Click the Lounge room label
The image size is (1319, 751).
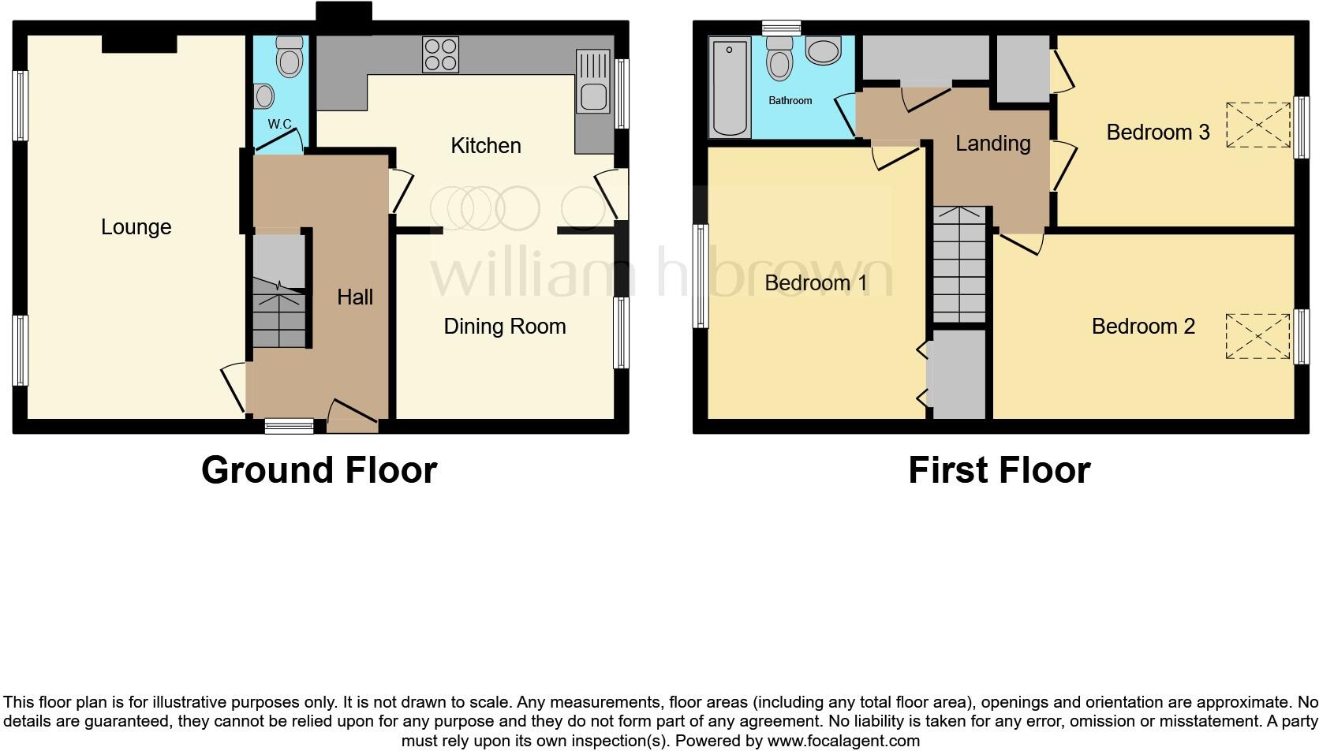136,227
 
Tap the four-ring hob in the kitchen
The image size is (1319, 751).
440,54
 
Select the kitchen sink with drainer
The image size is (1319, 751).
593,81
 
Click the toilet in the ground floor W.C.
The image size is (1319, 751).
289,57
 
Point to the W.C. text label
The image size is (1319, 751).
280,125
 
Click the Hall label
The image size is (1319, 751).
355,297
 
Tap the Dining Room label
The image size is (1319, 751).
504,327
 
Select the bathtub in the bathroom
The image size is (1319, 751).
728,88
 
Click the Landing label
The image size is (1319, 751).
992,144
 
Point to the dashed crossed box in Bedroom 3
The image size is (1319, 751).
1257,125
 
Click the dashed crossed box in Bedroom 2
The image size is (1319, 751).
1257,335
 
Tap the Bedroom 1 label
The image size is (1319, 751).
816,283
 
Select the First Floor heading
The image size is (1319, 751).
999,470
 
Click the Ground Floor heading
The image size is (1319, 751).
319,470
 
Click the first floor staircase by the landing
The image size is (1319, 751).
959,263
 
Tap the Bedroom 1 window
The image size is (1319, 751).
700,275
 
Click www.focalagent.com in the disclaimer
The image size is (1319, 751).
843,741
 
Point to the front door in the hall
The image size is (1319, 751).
352,417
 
